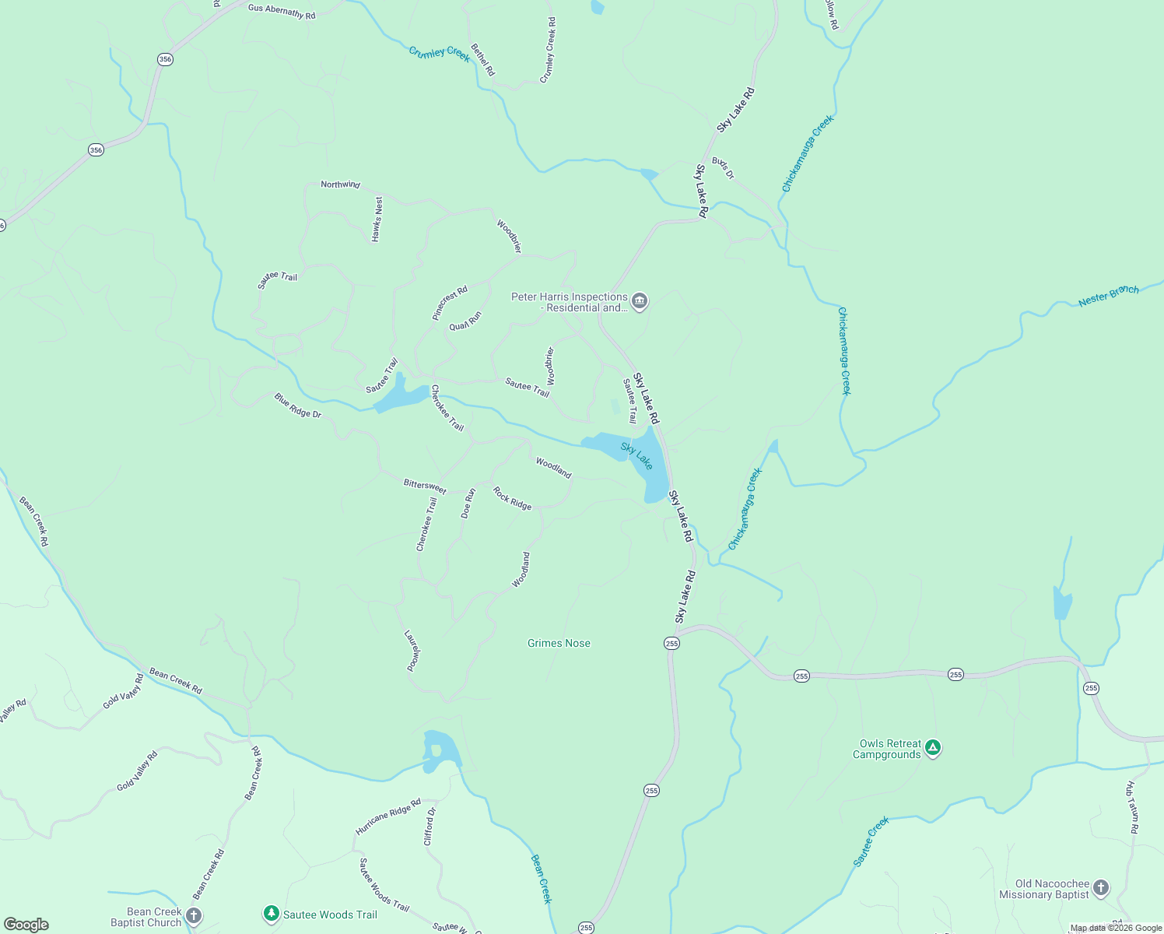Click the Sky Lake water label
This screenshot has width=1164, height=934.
[x=636, y=456]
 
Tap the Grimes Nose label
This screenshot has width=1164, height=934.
[x=559, y=643]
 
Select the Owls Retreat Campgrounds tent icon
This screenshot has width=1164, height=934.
[x=933, y=749]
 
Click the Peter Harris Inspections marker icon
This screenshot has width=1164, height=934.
[x=640, y=301]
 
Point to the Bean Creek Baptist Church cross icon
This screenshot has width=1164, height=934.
[x=194, y=916]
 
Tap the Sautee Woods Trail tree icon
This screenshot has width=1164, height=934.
[x=271, y=914]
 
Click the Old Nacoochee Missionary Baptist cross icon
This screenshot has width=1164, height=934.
[x=1100, y=887]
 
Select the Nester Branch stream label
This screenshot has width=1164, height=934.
[x=1108, y=296]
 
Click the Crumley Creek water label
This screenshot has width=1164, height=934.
[x=440, y=53]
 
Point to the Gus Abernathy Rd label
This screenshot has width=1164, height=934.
[x=282, y=11]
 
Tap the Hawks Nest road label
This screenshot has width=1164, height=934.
[x=377, y=219]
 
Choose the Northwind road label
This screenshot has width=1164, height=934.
[x=341, y=184]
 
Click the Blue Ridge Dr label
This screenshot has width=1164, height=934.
[x=297, y=406]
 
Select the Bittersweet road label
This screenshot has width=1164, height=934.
[x=425, y=486]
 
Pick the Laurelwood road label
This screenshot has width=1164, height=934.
[x=413, y=651]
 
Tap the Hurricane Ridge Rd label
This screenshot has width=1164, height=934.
[x=387, y=816]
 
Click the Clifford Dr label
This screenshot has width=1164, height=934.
[x=429, y=826]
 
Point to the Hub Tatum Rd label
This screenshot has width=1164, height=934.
[x=1133, y=807]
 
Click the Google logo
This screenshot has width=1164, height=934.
[x=26, y=925]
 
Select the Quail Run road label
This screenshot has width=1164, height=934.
[x=465, y=321]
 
